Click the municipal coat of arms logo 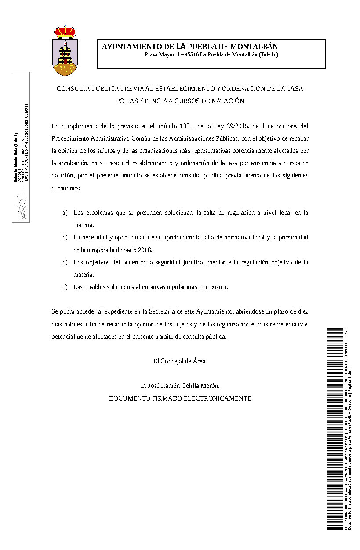coord(65,50)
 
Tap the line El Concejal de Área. coord(180,361)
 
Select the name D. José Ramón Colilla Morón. coord(180,386)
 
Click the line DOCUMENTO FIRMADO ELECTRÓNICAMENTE coord(180,398)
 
